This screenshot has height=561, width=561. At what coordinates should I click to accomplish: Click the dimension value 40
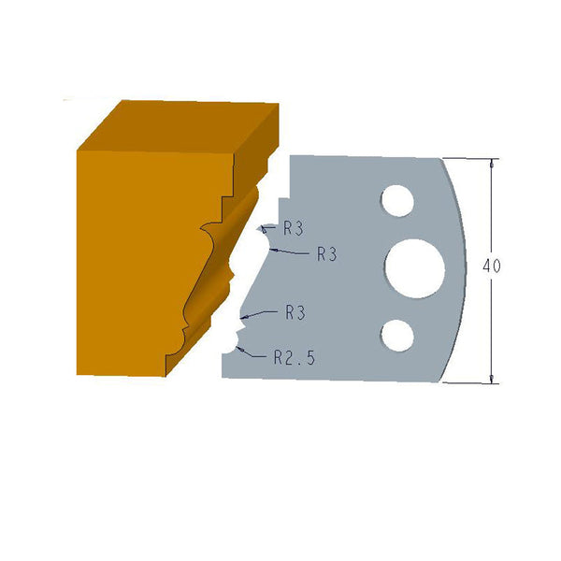point(491,266)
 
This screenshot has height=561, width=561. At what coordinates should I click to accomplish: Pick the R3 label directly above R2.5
point(295,313)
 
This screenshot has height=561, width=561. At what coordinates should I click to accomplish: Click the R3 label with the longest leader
point(326,253)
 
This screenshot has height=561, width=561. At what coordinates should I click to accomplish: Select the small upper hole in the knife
point(396,200)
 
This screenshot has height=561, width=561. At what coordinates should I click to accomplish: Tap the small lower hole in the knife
point(397,334)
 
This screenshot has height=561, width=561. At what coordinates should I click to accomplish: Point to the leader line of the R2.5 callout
point(252,352)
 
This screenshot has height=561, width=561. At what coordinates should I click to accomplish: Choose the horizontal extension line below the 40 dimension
point(472,383)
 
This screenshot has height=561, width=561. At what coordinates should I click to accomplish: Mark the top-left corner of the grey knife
point(291,155)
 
